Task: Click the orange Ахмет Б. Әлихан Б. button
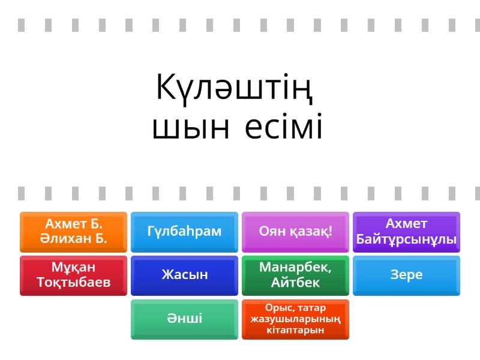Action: [x=73, y=232]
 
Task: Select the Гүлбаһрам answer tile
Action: [x=184, y=232]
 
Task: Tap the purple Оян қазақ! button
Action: [x=295, y=232]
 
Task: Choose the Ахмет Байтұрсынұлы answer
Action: [x=406, y=232]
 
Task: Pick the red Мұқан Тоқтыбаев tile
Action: [x=73, y=275]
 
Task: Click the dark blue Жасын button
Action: [x=184, y=275]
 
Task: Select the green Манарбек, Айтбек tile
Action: [x=295, y=275]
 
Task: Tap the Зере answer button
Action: [x=406, y=275]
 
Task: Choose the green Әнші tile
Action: [x=184, y=319]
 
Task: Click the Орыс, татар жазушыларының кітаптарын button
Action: [x=295, y=319]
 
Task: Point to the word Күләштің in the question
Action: [x=235, y=89]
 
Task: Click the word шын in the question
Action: [x=191, y=127]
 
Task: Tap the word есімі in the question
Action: [x=283, y=126]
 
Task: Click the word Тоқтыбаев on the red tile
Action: [x=73, y=282]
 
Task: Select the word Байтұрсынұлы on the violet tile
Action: [x=406, y=239]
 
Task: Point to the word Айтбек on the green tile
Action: [x=295, y=282]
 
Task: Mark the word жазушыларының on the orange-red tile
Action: [x=295, y=319]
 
